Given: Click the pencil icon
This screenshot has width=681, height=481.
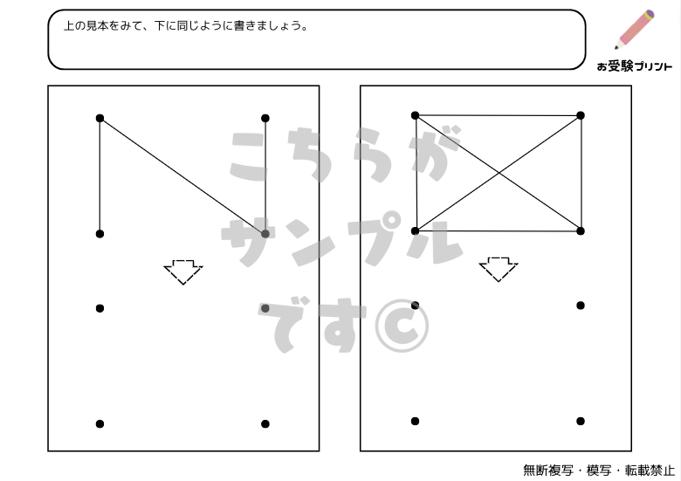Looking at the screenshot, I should [x=635, y=30].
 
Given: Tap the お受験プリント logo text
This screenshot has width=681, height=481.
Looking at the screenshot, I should [x=634, y=66].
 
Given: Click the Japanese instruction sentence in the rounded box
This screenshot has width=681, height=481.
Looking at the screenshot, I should [x=185, y=26].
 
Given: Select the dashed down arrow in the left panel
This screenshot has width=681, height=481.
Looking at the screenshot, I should [x=183, y=271].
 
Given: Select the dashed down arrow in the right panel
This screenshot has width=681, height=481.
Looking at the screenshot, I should [x=499, y=269].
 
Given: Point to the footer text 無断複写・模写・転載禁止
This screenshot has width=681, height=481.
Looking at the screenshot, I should [x=598, y=471].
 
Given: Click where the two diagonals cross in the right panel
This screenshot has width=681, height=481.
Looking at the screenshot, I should [x=499, y=173].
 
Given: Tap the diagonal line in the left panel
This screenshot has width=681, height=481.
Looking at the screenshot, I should [x=182, y=176].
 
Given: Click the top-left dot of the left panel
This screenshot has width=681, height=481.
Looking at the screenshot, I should [x=100, y=118].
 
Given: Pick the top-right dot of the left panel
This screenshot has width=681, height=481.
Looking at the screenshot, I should [x=265, y=118].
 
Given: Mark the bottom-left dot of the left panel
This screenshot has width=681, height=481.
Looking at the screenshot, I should [x=100, y=424].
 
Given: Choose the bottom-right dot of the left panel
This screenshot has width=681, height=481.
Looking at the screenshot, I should [x=265, y=424].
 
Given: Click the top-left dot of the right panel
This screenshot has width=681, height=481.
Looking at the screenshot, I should [x=415, y=115].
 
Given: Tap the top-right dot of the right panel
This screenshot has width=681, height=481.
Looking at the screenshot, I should [x=581, y=115].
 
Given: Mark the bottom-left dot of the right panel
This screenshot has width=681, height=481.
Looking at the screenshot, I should [x=415, y=421].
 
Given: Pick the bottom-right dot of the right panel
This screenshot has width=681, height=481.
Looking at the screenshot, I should [x=581, y=421].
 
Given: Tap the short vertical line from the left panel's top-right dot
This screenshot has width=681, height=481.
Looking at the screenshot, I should [x=265, y=175].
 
